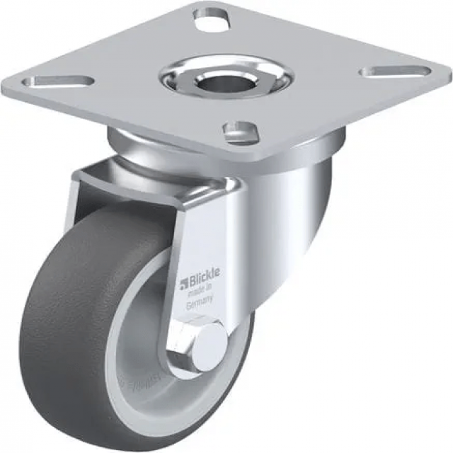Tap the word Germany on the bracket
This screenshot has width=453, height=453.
pos(200,304)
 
